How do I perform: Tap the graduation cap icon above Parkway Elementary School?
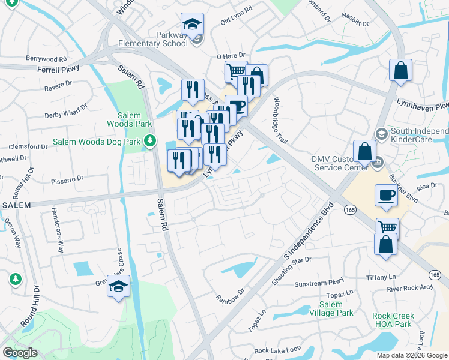(x=193, y=25)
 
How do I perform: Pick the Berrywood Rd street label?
(x=46, y=59)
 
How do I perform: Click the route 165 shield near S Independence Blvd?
(x=350, y=209)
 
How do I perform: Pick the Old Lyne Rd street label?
(x=237, y=22)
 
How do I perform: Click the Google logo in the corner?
(x=20, y=352)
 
